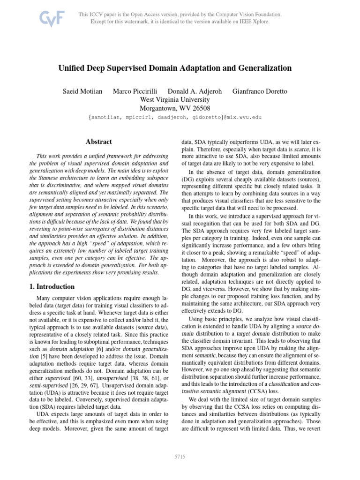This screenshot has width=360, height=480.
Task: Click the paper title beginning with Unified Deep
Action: (175, 68)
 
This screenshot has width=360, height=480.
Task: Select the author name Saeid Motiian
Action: (82, 91)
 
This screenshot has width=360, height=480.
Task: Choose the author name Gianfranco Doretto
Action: (260, 91)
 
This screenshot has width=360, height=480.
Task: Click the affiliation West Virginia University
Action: (175, 99)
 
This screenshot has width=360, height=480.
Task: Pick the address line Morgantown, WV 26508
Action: (175, 108)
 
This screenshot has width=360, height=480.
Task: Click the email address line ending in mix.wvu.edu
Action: (175, 117)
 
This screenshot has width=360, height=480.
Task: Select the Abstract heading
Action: (98, 141)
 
